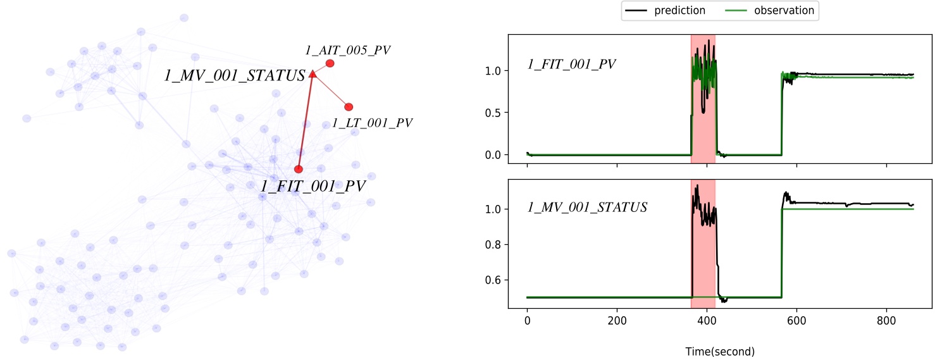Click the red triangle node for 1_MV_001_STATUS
(313, 75)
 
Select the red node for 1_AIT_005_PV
(330, 63)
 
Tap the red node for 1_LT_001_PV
(349, 107)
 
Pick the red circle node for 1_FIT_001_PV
(299, 169)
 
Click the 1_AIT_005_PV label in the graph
(347, 49)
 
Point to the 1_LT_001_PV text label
(372, 123)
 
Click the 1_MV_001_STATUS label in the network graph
(235, 75)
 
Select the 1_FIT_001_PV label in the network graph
(313, 186)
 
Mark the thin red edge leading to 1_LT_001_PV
(331, 91)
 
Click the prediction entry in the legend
(664, 11)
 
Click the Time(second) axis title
(720, 351)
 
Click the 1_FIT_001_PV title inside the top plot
(572, 64)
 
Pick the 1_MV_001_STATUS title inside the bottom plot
(588, 207)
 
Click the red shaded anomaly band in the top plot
(703, 127)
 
